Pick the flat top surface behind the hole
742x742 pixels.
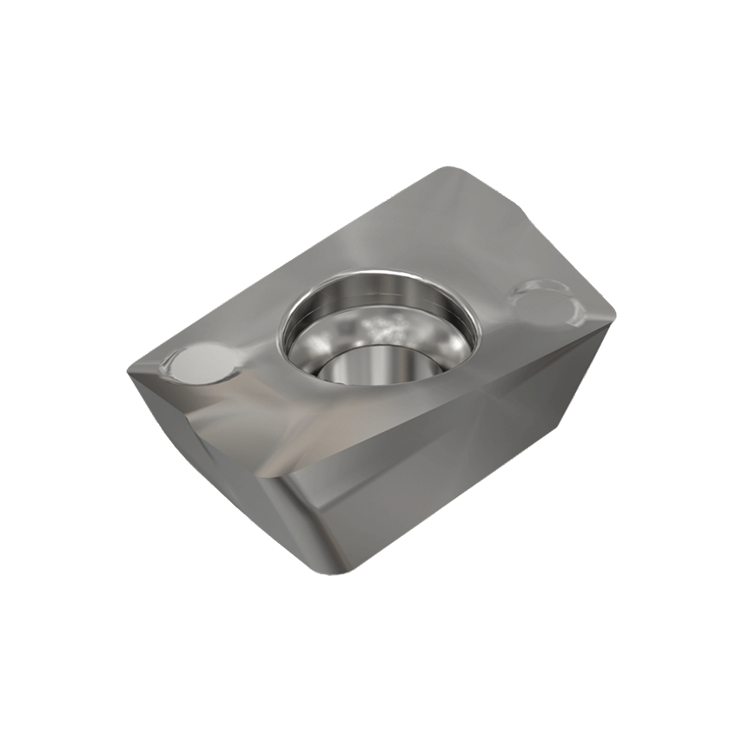[417, 226]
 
